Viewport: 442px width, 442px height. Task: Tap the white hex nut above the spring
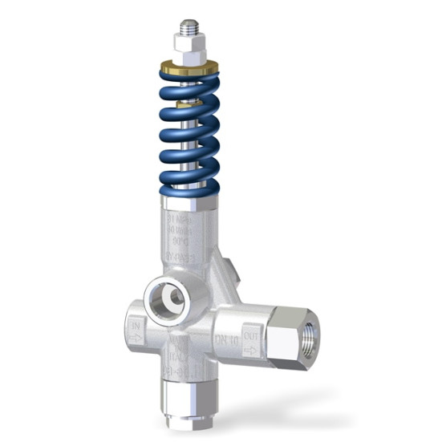pyautogui.click(x=189, y=51)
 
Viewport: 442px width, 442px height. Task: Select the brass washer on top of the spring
pyautogui.click(x=189, y=68)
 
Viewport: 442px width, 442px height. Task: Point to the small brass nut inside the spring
pyautogui.click(x=189, y=103)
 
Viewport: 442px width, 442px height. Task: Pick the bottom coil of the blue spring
pyautogui.click(x=189, y=188)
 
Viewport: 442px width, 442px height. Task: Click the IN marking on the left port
pyautogui.click(x=136, y=326)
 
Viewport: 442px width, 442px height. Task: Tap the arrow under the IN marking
pyautogui.click(x=136, y=339)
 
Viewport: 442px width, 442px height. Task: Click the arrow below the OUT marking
pyautogui.click(x=251, y=351)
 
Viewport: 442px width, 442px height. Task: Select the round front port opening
pyautogui.click(x=168, y=299)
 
